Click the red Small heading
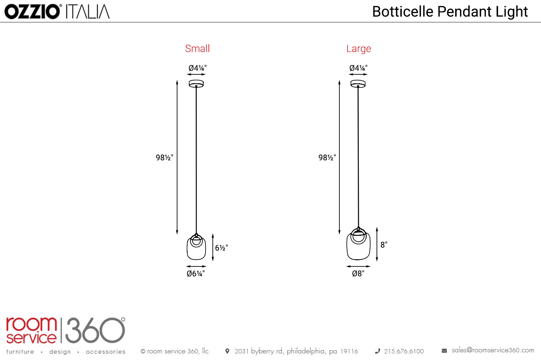click(197, 49)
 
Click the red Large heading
click(359, 49)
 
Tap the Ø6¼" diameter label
click(195, 274)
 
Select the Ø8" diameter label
click(358, 274)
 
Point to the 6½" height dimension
click(221, 248)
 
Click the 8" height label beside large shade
click(384, 245)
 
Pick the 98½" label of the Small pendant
click(164, 158)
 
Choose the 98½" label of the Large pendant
click(327, 158)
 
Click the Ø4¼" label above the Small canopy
click(198, 68)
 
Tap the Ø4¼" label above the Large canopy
click(359, 68)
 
